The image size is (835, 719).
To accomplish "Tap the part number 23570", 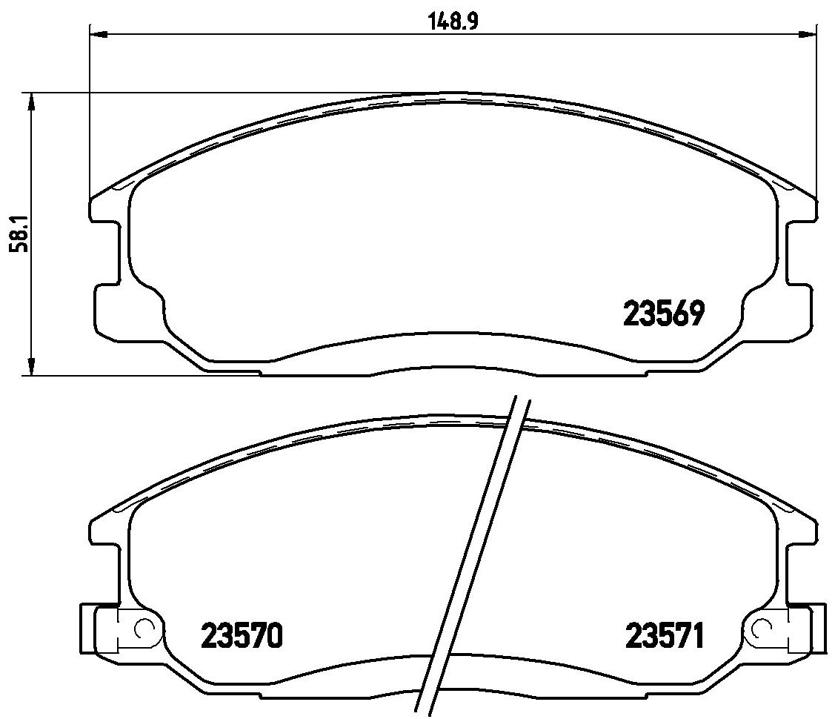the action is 242,635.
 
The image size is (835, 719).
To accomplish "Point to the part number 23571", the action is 665,635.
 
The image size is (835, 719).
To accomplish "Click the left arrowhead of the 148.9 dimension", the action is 99,35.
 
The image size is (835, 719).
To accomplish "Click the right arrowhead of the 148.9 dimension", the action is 807,35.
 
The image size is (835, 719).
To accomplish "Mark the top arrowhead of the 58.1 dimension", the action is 32,102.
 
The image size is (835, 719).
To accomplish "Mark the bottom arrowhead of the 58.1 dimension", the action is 32,366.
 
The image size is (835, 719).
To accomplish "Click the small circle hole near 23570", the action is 143,629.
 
